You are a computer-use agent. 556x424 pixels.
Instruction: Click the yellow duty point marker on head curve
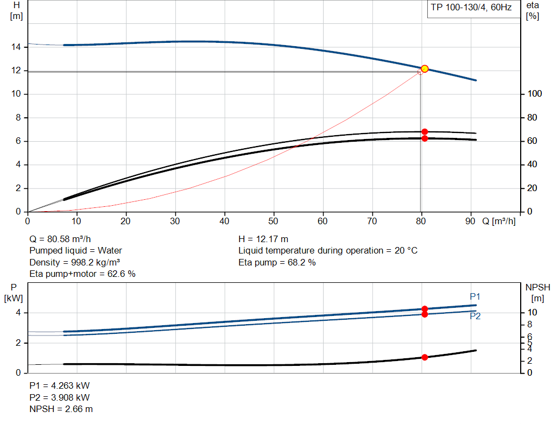(425, 68)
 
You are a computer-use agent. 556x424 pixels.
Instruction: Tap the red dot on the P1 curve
(425, 309)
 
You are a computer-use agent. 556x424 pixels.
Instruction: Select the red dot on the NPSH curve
(425, 357)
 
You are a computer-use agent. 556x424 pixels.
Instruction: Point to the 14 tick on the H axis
(16, 47)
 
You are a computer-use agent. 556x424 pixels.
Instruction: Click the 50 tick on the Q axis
(274, 221)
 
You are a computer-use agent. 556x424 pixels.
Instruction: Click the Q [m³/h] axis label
(498, 221)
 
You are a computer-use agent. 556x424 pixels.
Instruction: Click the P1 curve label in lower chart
(475, 296)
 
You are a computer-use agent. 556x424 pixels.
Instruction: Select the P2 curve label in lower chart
(475, 317)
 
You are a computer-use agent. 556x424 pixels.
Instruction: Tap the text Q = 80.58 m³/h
(60, 239)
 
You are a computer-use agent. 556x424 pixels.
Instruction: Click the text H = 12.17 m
(263, 239)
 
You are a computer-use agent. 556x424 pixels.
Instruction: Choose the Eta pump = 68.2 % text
(277, 262)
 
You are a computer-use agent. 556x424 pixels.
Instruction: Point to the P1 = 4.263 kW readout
(60, 385)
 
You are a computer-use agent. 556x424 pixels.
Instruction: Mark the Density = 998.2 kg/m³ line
(74, 262)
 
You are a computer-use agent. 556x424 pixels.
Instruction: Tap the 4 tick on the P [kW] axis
(18, 313)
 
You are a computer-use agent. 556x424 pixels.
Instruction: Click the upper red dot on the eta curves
(425, 132)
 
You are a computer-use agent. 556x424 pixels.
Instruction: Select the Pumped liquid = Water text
(75, 250)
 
